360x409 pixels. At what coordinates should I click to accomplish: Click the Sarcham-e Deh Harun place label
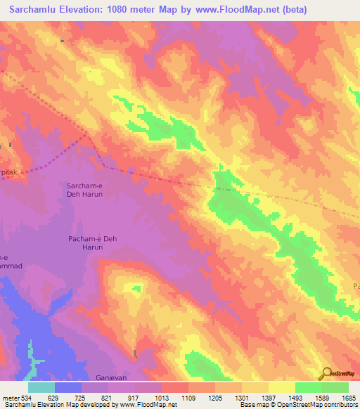[x=85, y=188]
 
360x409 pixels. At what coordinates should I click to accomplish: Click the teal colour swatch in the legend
[x=41, y=387]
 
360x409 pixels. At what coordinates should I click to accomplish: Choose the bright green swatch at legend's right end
[x=335, y=387]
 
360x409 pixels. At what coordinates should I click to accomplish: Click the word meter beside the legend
[x=10, y=397]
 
